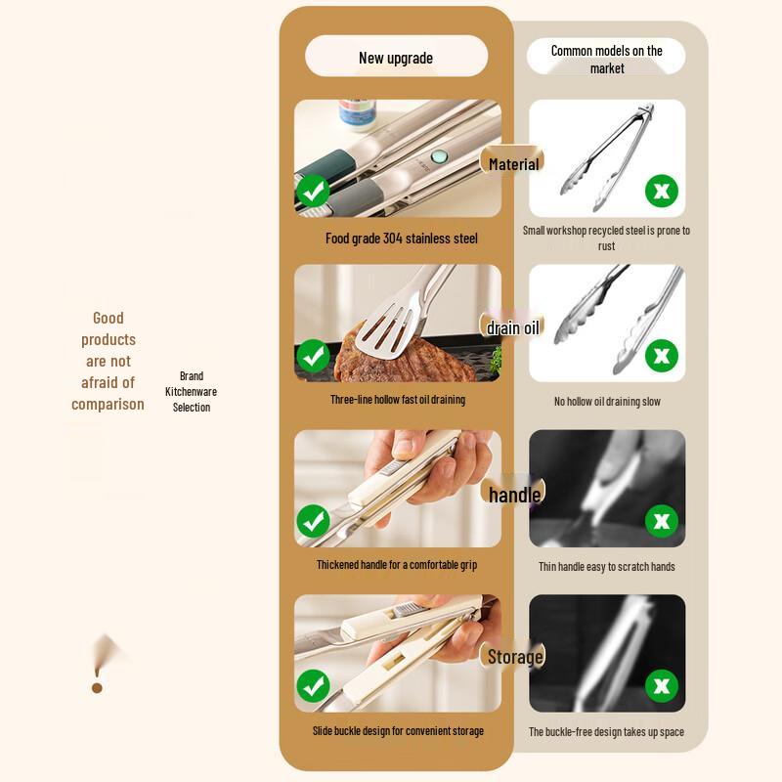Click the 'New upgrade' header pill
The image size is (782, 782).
coord(396,58)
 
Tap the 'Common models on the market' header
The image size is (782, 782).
coord(606,59)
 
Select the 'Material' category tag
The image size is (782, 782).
coord(513,164)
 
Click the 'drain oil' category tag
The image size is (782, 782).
coord(513,327)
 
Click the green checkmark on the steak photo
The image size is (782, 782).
coord(313,356)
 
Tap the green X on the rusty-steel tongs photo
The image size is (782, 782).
coord(662,191)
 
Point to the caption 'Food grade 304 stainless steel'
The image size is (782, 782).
coord(401,239)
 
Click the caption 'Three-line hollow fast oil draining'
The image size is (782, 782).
coord(398,400)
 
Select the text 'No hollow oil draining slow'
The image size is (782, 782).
coord(607,402)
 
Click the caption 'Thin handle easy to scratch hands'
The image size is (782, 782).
coord(606,567)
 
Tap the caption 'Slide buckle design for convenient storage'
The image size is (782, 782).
coord(398,731)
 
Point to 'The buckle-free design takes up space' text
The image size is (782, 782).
coord(606,732)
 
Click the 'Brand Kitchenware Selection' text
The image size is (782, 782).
coord(192,391)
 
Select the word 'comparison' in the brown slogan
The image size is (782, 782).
coord(108,404)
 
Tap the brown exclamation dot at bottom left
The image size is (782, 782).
coord(97,688)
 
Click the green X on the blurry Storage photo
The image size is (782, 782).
coord(662,685)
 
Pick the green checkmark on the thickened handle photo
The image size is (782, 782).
coord(313,521)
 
